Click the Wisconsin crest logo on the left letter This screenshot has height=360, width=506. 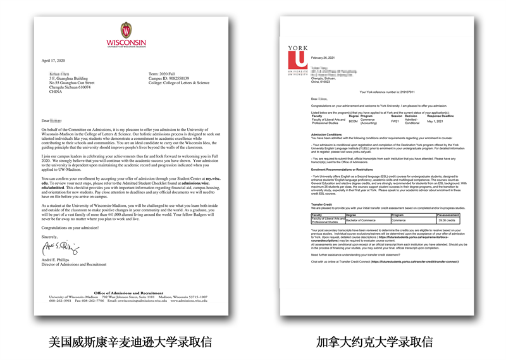coord(126,30)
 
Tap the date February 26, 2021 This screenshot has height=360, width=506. coord(323,57)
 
